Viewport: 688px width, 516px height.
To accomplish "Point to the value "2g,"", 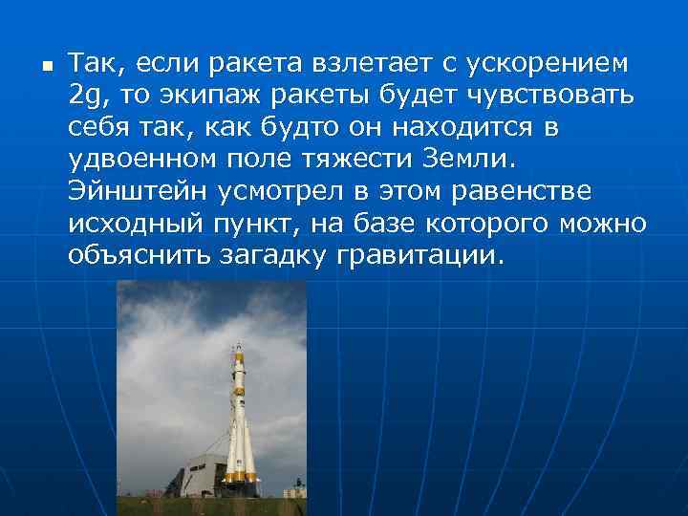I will (x=87, y=96).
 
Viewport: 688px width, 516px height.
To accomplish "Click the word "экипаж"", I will (x=207, y=96).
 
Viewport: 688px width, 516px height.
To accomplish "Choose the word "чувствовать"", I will (x=553, y=96).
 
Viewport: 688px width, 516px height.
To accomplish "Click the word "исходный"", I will (x=132, y=223).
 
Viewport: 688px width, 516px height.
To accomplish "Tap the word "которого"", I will (x=502, y=223).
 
